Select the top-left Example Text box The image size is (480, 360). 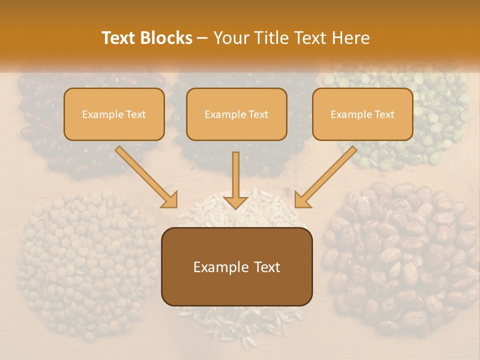114,114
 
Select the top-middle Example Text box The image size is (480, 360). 236,114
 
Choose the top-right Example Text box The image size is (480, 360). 362,114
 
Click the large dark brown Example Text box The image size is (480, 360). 236,266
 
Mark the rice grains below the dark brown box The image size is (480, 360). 240,320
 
